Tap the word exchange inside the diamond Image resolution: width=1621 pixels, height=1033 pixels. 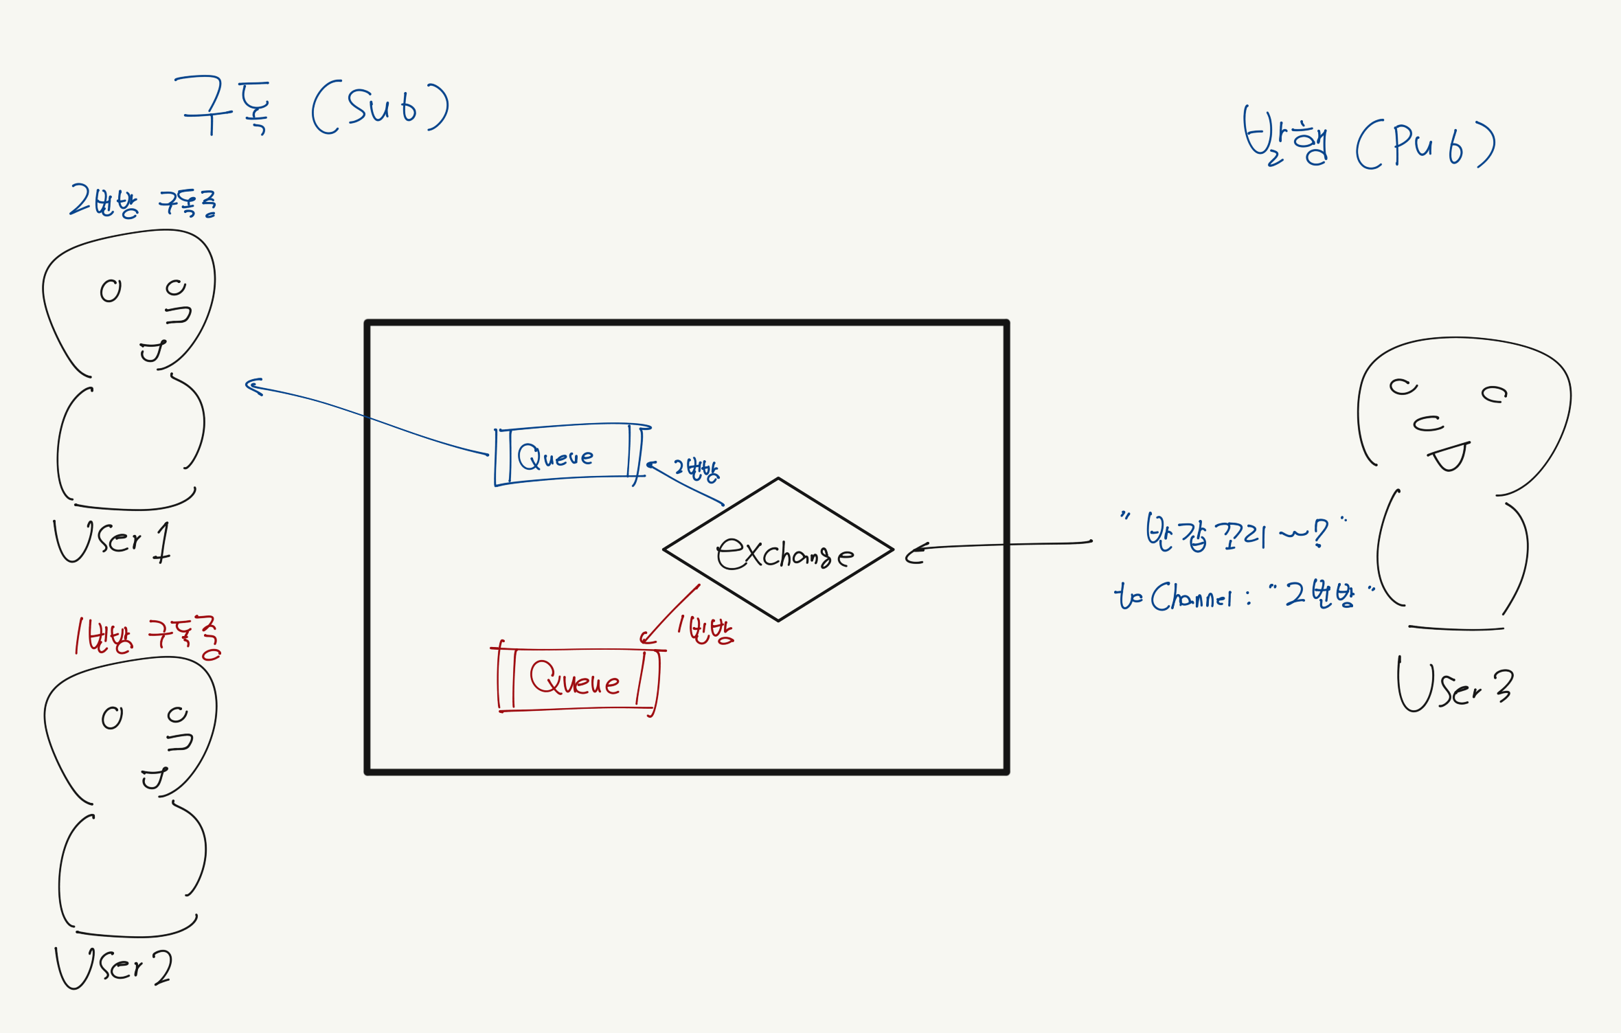[784, 553]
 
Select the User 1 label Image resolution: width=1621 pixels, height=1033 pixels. [112, 541]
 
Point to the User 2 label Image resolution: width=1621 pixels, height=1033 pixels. [113, 967]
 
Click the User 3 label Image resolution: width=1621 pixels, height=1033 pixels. [1455, 688]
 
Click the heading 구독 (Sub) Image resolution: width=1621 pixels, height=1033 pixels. [313, 107]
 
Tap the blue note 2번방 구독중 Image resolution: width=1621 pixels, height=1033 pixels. [143, 202]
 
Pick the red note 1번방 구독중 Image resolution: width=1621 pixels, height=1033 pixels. [148, 636]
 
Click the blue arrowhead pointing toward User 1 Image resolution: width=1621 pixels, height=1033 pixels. [253, 387]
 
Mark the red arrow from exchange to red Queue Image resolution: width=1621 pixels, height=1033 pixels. [670, 613]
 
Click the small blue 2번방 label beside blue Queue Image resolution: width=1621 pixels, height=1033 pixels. [696, 470]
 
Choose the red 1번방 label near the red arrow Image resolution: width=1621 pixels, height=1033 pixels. [705, 629]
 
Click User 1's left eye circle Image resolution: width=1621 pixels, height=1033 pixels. [111, 291]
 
